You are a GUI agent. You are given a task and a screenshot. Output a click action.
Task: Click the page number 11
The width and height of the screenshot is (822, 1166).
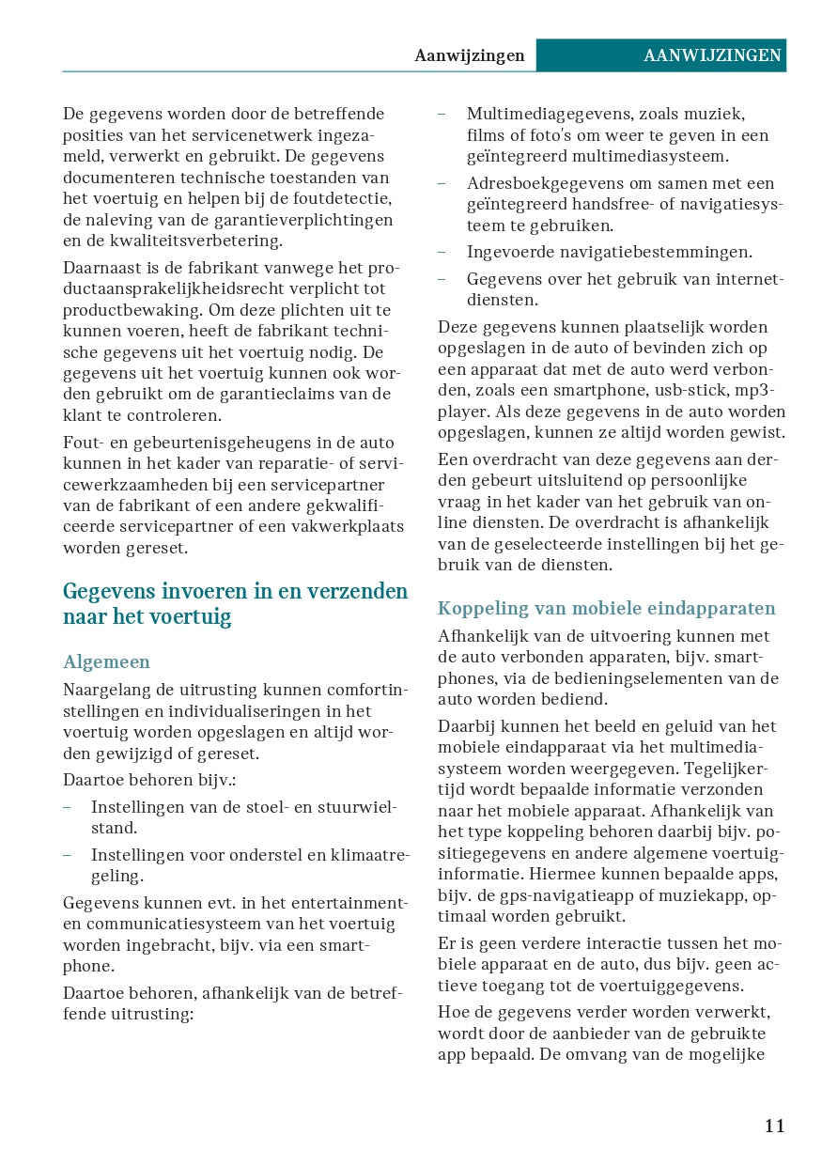coord(774,1126)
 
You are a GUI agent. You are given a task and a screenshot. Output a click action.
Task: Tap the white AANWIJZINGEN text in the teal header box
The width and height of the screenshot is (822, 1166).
coord(712,55)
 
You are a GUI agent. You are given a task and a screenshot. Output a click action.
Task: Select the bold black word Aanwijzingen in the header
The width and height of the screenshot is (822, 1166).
coord(469,55)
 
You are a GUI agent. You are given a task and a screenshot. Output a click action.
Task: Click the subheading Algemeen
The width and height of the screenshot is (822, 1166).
coord(106,662)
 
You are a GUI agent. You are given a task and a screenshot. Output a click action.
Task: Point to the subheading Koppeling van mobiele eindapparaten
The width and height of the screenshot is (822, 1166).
coord(607,608)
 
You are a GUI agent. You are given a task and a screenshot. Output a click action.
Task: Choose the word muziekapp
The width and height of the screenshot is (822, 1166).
coord(700,895)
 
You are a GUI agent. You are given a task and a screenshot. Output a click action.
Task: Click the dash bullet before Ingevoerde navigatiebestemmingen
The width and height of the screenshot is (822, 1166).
coord(442,252)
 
